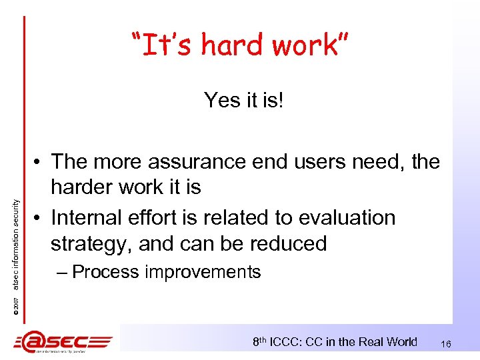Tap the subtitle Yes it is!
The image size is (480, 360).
point(244,101)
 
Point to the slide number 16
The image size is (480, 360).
point(447,343)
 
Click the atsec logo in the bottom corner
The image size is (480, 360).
point(63,342)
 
